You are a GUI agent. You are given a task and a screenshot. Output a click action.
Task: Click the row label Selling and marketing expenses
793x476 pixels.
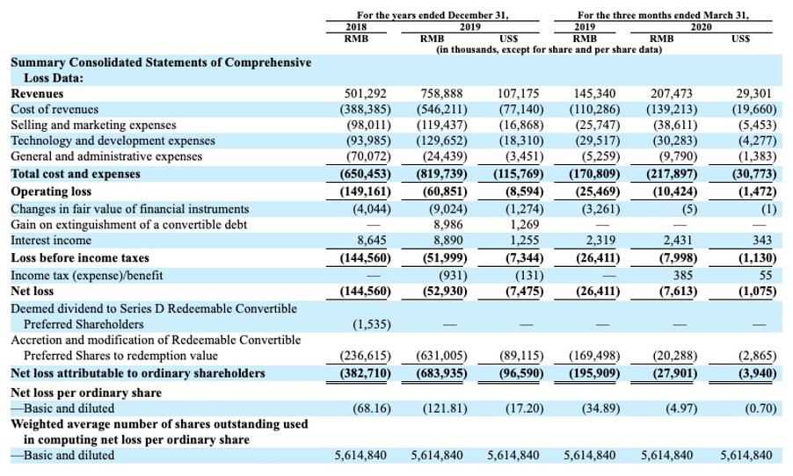94,125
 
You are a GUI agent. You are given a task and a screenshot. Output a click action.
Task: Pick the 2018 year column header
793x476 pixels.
355,27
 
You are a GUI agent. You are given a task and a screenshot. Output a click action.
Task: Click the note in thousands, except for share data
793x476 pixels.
549,50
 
